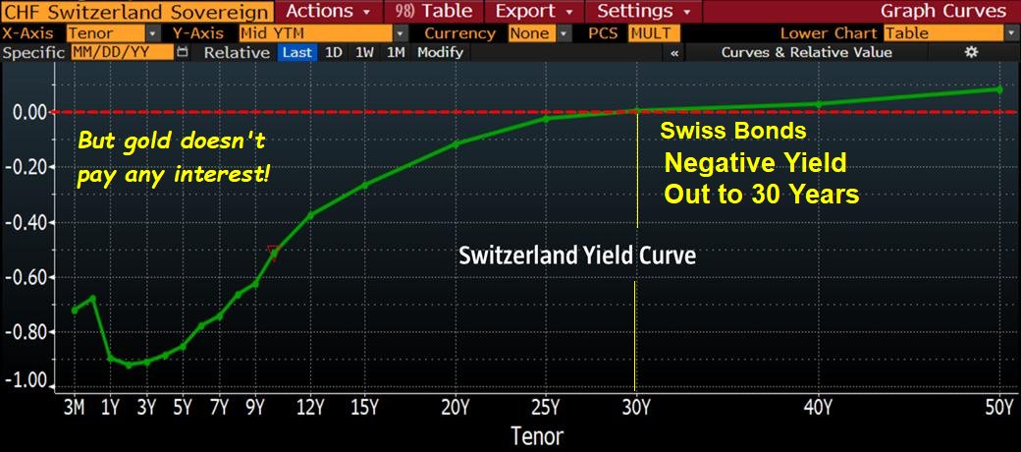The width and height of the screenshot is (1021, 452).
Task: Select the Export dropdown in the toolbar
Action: pos(535,11)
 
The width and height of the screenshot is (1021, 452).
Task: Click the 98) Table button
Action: pos(434,11)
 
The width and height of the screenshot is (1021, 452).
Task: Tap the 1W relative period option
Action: pos(364,53)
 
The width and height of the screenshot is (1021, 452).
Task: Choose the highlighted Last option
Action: pos(297,53)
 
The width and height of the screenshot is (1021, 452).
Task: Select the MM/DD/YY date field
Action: pos(123,53)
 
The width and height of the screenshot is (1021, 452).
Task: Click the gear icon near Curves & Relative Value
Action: pos(971,52)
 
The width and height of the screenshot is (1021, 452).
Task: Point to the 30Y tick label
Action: pos(635,409)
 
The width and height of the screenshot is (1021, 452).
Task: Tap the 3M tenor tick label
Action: pos(75,409)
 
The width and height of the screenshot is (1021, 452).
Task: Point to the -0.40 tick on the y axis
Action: pos(27,223)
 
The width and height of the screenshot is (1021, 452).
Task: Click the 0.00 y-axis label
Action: pos(30,113)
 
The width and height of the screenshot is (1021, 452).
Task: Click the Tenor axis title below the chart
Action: pos(537,435)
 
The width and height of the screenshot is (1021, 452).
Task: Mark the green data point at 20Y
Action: pos(456,143)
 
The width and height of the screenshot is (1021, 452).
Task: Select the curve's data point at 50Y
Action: pos(999,89)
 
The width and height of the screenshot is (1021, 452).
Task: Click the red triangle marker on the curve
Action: pos(274,254)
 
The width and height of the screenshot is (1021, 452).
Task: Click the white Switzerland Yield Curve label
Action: pos(578,255)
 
